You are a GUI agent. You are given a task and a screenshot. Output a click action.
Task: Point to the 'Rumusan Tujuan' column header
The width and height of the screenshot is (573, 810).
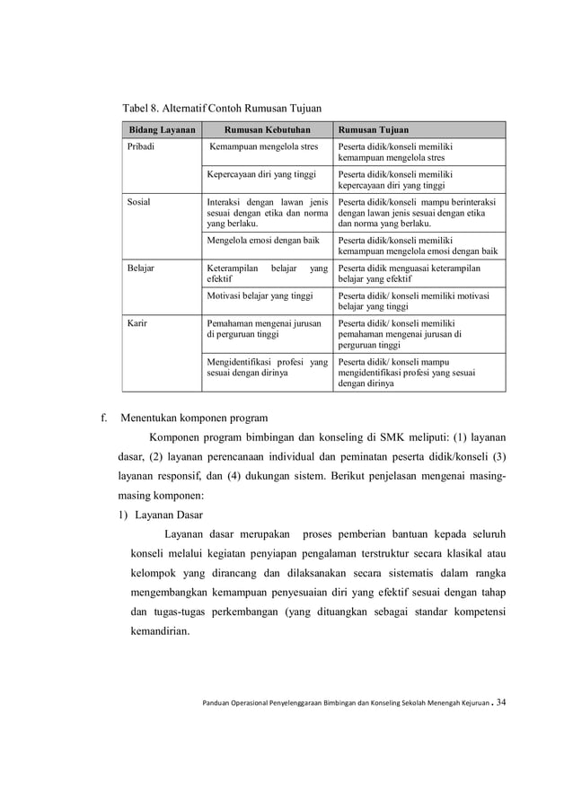(375, 130)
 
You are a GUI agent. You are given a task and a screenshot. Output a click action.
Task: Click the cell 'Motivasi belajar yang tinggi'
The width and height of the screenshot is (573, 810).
(260, 295)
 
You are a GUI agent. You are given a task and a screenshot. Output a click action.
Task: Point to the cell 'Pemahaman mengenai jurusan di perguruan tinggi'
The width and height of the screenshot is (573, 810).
(264, 327)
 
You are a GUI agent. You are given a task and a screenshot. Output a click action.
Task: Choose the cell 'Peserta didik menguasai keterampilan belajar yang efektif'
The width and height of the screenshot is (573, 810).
(409, 273)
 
